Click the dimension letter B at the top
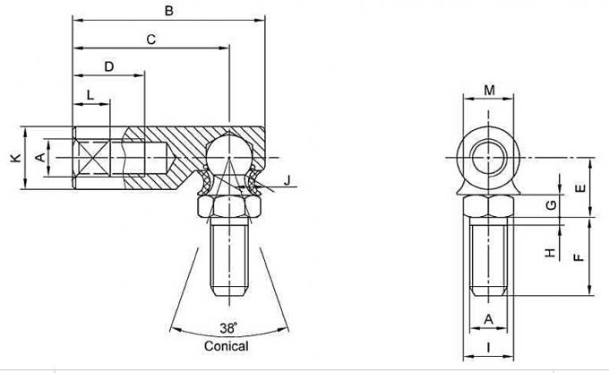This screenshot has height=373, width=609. [x=168, y=11]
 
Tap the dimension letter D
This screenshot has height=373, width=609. [x=108, y=67]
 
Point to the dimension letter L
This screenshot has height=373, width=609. [x=90, y=95]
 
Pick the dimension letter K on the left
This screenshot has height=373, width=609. [x=14, y=158]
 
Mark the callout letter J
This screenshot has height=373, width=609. [x=287, y=182]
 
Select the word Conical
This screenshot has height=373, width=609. [x=227, y=345]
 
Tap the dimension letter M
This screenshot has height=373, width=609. [x=489, y=89]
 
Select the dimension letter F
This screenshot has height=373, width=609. [x=579, y=256]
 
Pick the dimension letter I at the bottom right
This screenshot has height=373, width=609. [x=489, y=346]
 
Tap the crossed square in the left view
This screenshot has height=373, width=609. [x=91, y=158]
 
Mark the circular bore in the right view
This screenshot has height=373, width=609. [x=489, y=158]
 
